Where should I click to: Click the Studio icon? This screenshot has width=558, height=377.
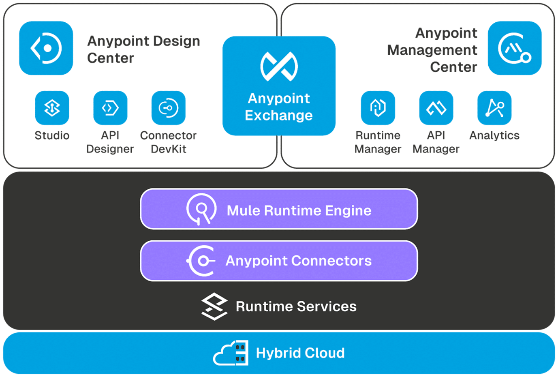click(x=52, y=108)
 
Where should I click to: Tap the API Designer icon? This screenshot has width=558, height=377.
click(x=110, y=108)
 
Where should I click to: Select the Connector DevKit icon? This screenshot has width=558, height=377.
click(x=169, y=108)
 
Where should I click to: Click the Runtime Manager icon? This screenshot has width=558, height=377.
click(x=378, y=108)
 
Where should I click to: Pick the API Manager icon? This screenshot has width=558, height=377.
click(x=436, y=108)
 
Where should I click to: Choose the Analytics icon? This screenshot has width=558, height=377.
click(x=494, y=108)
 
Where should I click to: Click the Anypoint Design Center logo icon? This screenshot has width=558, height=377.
click(x=46, y=48)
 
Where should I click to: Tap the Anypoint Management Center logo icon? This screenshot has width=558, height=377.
click(x=515, y=48)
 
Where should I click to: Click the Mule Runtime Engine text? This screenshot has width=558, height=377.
click(x=299, y=210)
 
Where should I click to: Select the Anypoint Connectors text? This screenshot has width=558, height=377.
click(x=299, y=261)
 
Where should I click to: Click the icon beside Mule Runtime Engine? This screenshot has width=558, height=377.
click(x=201, y=209)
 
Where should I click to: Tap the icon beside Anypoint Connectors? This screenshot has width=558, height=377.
click(x=201, y=261)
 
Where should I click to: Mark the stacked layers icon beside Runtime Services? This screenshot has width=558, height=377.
click(x=214, y=306)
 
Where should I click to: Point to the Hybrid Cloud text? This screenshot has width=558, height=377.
click(x=300, y=353)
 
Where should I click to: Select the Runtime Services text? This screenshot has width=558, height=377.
click(x=296, y=306)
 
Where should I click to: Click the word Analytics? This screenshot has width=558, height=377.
click(x=494, y=135)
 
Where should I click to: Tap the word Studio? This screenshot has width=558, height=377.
click(x=52, y=135)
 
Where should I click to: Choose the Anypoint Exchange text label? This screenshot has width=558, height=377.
click(x=279, y=107)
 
